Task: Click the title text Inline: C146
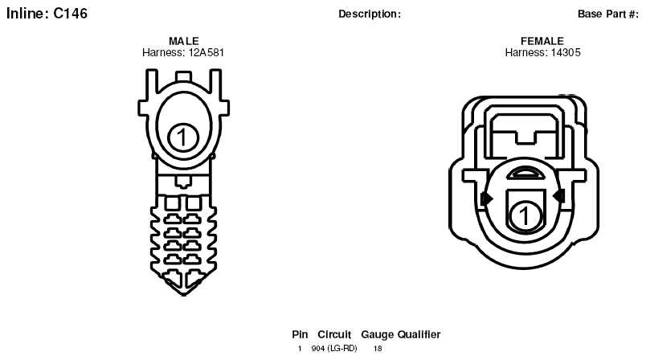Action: pyautogui.click(x=47, y=14)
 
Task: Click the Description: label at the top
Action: pyautogui.click(x=370, y=14)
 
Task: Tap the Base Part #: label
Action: pyautogui.click(x=608, y=14)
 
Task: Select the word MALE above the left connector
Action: pyautogui.click(x=184, y=41)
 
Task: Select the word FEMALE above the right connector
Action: pyautogui.click(x=542, y=41)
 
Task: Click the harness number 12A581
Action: pyautogui.click(x=206, y=53)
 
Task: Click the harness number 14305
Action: pyautogui.click(x=563, y=53)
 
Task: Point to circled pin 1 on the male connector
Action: pyautogui.click(x=183, y=137)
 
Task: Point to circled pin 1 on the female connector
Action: pyautogui.click(x=525, y=215)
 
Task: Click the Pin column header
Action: pyautogui.click(x=300, y=334)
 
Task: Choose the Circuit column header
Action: pyautogui.click(x=334, y=334)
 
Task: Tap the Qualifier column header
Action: pyautogui.click(x=419, y=334)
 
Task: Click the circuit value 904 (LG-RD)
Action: pyautogui.click(x=334, y=349)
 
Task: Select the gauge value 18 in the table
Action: pyautogui.click(x=378, y=349)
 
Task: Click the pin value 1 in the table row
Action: pyautogui.click(x=300, y=349)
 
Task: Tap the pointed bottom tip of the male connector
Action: pyautogui.click(x=184, y=295)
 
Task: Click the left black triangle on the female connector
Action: pyautogui.click(x=488, y=198)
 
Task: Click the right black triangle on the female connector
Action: pyautogui.click(x=558, y=195)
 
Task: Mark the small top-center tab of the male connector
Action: pyautogui.click(x=183, y=76)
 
